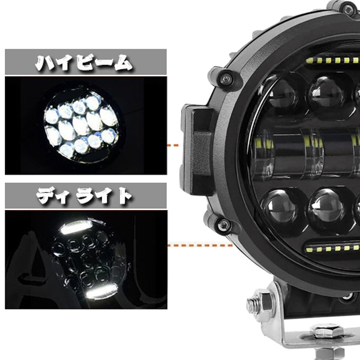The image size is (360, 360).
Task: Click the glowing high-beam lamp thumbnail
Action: (x=80, y=124)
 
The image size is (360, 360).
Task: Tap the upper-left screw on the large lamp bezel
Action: (x=225, y=76)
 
